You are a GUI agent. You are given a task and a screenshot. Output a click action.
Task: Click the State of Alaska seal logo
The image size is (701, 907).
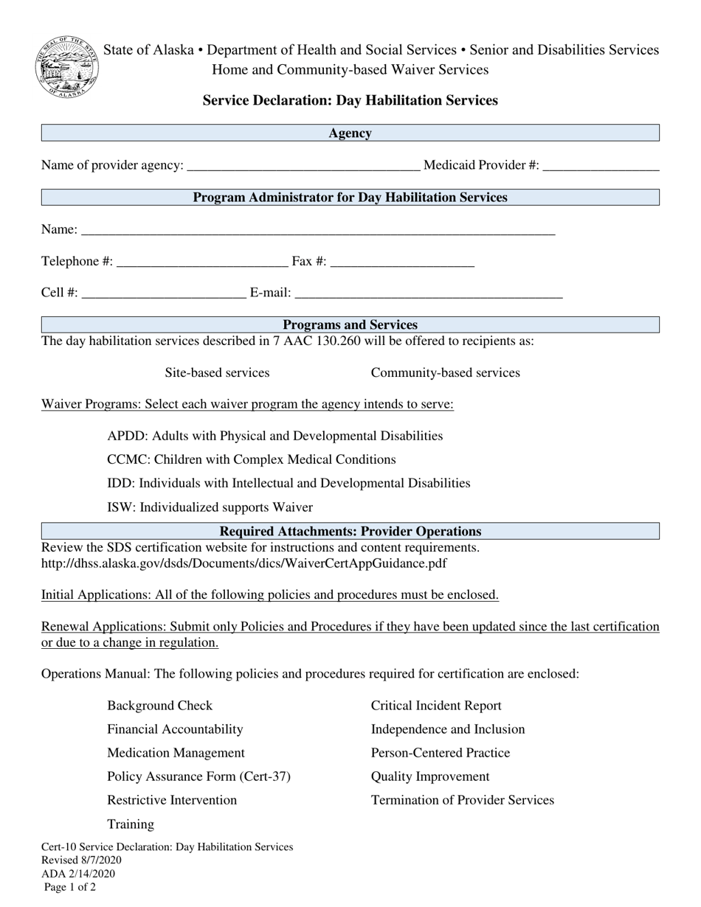pyautogui.click(x=67, y=67)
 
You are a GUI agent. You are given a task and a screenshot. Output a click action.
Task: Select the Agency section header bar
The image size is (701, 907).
pyautogui.click(x=350, y=133)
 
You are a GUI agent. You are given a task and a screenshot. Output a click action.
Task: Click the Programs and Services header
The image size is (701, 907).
pyautogui.click(x=350, y=325)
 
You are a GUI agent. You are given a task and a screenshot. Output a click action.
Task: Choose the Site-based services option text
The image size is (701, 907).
pyautogui.click(x=217, y=373)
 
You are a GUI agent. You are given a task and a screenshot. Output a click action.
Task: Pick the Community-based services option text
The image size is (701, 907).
pyautogui.click(x=445, y=373)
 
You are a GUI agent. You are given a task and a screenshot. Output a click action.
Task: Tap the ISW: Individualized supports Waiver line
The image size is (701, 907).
pyautogui.click(x=210, y=507)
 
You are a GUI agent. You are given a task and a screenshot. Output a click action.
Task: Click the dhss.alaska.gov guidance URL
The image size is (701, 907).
pyautogui.click(x=244, y=564)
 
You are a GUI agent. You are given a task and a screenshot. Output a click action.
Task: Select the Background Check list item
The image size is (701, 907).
pyautogui.click(x=159, y=706)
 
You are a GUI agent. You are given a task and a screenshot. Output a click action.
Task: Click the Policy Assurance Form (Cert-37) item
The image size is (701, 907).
pyautogui.click(x=198, y=776)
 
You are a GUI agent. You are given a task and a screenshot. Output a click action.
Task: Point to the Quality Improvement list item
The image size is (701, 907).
pyautogui.click(x=429, y=776)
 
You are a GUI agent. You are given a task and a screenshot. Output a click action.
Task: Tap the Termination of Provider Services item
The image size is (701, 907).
pyautogui.click(x=462, y=800)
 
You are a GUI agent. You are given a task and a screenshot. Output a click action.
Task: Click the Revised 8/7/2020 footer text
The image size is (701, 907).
pyautogui.click(x=81, y=861)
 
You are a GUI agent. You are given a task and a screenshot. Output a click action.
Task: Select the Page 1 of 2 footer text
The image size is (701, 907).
pyautogui.click(x=70, y=888)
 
